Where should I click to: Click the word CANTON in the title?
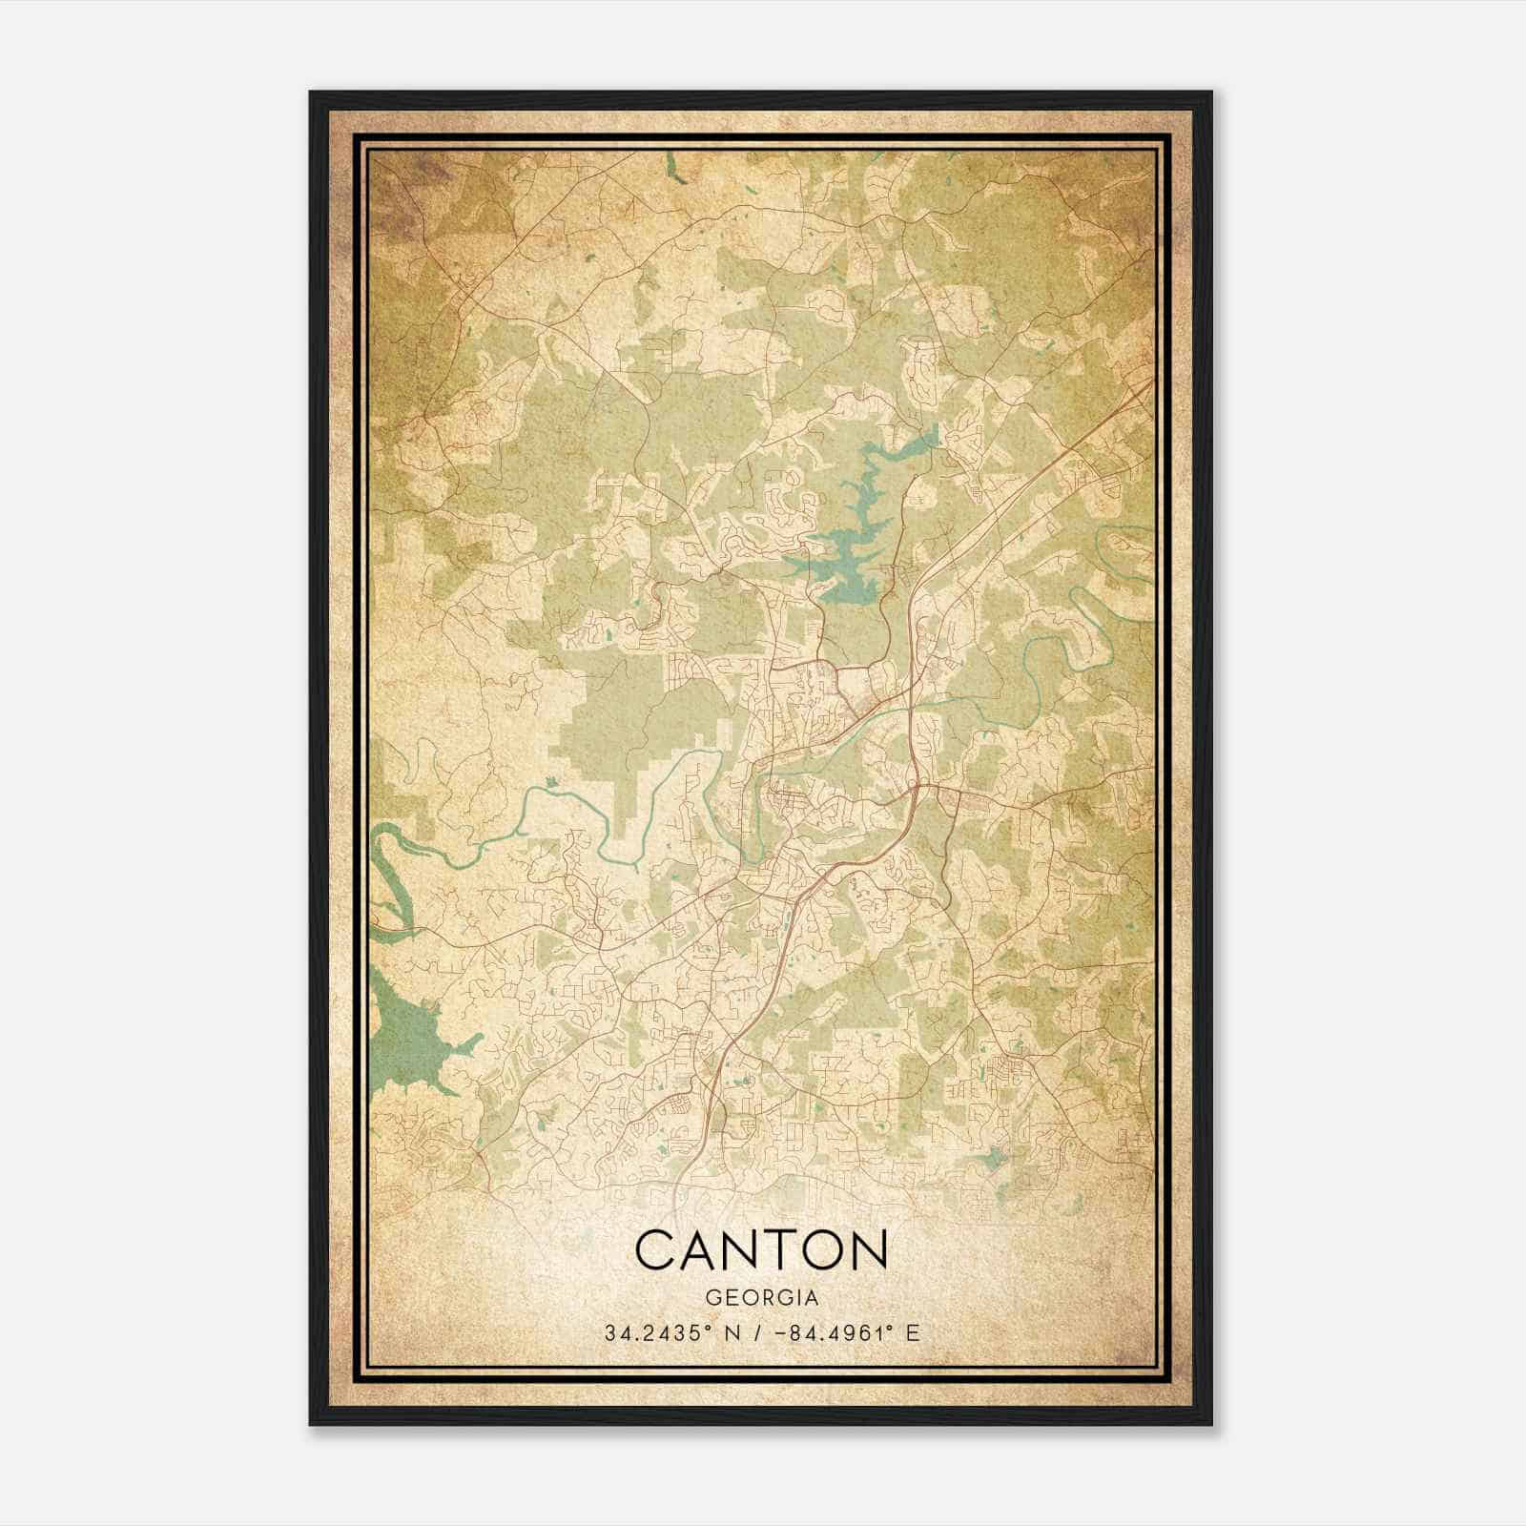coord(761,1249)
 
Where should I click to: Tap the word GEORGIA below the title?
coord(761,1298)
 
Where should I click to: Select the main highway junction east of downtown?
coord(917,786)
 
